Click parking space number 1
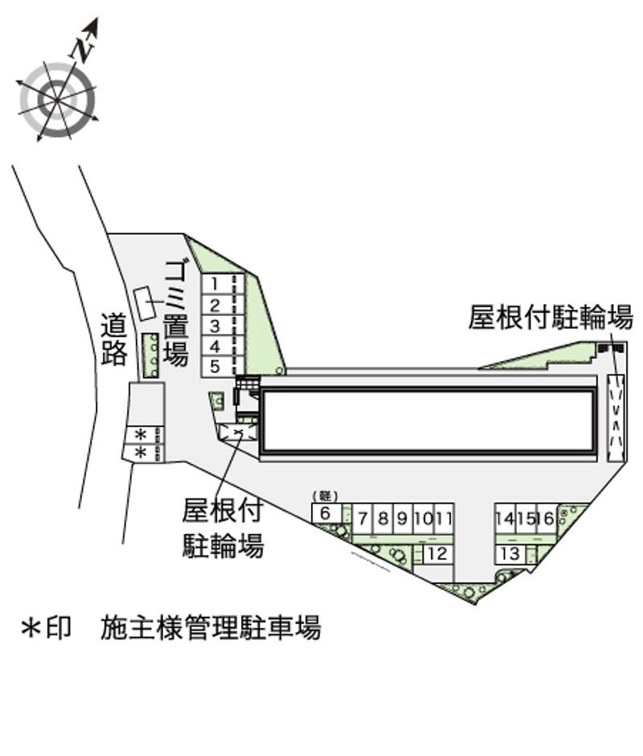point(215,283)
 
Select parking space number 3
point(215,326)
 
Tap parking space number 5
point(215,367)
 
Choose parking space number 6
point(325,513)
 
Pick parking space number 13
point(508,553)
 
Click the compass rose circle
point(57,100)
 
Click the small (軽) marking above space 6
point(326,495)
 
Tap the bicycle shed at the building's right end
point(616,418)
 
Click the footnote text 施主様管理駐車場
point(211,627)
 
